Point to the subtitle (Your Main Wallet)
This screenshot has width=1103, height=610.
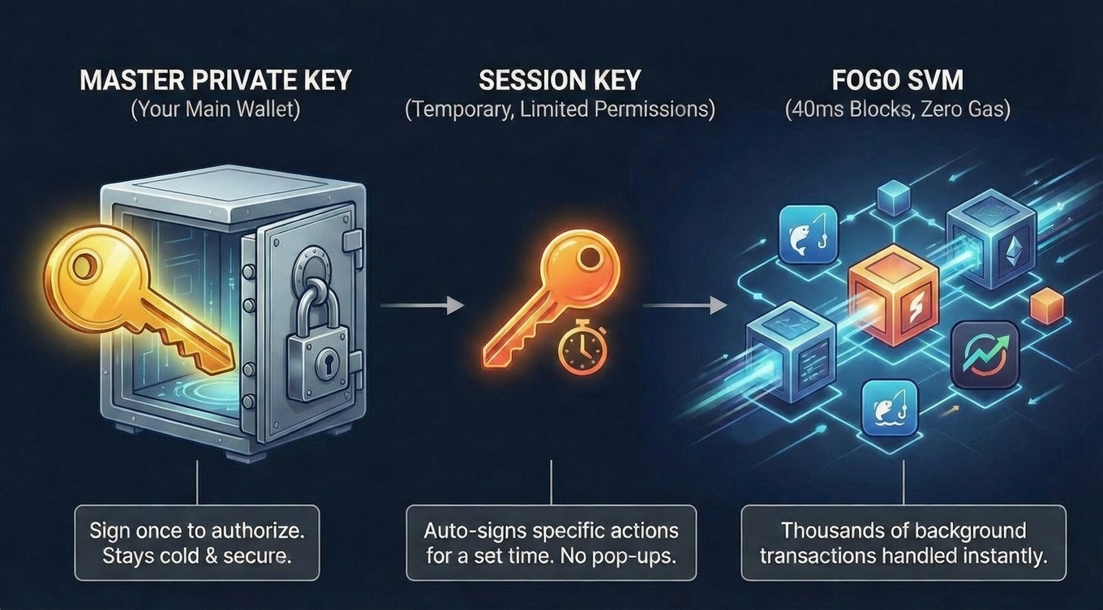point(215,109)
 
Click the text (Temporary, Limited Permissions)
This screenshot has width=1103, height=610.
point(560,109)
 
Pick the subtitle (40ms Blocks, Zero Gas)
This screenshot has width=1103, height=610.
point(897,109)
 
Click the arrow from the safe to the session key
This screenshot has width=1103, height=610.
point(422,306)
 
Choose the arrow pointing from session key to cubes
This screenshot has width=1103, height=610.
point(685,306)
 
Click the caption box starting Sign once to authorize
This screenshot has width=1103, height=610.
point(197,543)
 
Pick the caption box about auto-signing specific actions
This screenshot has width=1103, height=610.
point(551,543)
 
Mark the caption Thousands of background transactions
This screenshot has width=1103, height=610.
point(903,543)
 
